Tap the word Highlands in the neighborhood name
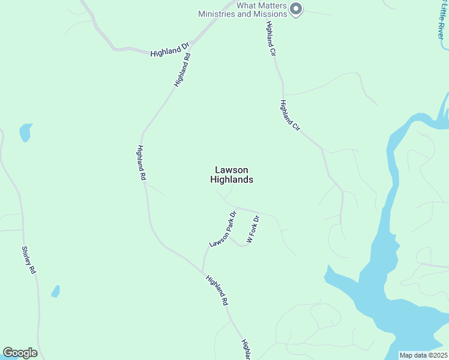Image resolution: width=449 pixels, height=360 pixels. click(x=232, y=179)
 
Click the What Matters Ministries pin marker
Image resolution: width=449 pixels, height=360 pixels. click(x=295, y=8)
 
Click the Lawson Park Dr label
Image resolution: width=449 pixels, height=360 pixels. click(x=221, y=230)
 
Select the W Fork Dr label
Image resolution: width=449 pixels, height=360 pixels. click(x=252, y=229)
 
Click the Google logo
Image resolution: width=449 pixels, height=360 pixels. click(x=20, y=353)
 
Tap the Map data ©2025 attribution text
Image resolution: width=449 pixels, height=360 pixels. click(x=423, y=355)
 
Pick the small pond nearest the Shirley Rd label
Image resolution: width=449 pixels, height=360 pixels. click(x=55, y=292)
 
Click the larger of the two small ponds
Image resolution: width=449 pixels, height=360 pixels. click(x=25, y=132)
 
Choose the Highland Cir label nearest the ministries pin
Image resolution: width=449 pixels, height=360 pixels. click(x=271, y=40)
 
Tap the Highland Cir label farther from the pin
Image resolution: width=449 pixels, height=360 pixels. click(x=289, y=115)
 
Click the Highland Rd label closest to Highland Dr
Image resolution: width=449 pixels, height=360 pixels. click(x=182, y=71)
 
